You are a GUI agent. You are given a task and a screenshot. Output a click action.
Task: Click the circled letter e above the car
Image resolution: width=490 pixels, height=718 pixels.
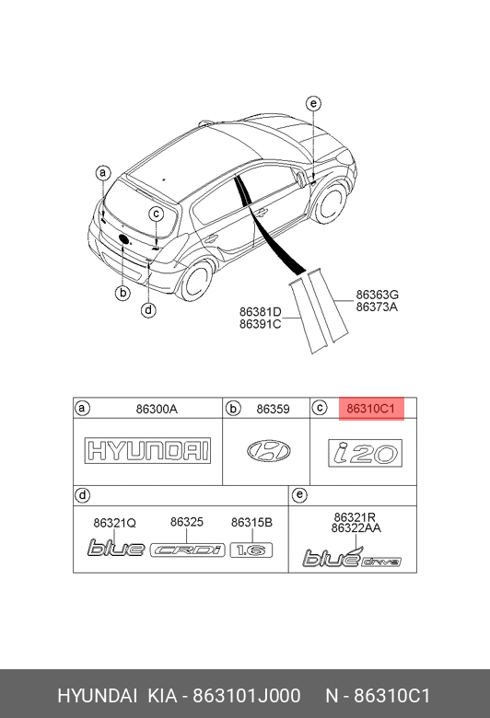[x=313, y=103]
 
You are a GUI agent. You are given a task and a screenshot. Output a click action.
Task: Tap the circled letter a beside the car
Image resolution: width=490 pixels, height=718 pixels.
[x=103, y=173]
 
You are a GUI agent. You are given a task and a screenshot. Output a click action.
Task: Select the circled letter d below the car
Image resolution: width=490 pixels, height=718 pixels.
[x=148, y=310]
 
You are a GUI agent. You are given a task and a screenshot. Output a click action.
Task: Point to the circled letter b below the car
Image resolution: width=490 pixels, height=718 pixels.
[x=122, y=293]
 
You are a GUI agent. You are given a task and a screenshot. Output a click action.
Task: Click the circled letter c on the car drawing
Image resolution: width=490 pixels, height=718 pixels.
[x=157, y=214]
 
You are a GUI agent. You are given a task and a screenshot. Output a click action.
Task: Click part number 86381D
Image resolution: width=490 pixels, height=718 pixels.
[x=261, y=312]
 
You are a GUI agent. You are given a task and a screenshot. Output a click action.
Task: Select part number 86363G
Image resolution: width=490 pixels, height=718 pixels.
[x=378, y=295]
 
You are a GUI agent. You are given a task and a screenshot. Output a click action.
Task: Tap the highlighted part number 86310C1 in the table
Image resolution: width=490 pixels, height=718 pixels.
[x=370, y=408]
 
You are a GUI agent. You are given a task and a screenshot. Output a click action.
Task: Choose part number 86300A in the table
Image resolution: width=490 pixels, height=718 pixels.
[x=157, y=409]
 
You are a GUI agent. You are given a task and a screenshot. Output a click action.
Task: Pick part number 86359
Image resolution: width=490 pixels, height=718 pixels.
[x=273, y=409]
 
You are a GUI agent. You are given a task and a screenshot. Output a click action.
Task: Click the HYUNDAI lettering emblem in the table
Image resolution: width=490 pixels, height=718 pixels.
[x=147, y=450]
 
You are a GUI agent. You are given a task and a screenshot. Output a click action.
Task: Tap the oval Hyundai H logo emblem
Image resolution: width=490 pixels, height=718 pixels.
[x=269, y=451]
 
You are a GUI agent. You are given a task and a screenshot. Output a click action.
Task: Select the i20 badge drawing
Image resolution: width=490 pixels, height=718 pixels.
[x=366, y=453]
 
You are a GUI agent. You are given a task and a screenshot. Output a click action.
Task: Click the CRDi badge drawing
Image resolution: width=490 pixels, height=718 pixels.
[x=188, y=550]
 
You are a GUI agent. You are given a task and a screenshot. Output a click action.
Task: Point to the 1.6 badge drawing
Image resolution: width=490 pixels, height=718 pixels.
[x=251, y=550]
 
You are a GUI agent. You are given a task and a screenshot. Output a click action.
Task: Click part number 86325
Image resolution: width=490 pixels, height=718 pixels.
[x=187, y=522]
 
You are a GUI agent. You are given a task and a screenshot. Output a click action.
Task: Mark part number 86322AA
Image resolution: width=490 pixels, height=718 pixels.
[x=356, y=528]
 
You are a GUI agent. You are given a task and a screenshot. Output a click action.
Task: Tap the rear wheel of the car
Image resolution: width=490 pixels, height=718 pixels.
[x=196, y=280]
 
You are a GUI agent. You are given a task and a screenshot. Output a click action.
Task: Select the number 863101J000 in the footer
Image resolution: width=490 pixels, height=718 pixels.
[x=247, y=696]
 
